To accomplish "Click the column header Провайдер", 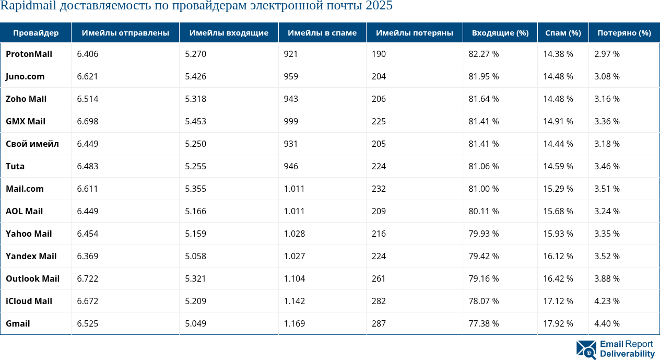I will coord(36,33).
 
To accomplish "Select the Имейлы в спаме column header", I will coord(322,33).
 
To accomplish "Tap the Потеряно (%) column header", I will coord(624,33).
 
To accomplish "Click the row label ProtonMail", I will coord(29,54).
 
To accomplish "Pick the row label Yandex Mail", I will coord(31,256).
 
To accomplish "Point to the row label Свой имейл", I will coord(32,144).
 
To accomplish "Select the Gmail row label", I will coord(18,323).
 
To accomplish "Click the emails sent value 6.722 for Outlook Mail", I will coord(87,278).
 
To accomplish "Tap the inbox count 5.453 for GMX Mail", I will coord(195,121).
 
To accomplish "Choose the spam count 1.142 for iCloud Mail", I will coord(294,301).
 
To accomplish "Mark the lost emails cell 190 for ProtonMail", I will coord(379,54).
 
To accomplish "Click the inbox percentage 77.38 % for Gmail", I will coord(484,323).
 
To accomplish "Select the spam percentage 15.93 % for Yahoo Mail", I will coord(558,234).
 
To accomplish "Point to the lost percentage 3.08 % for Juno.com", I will coord(607,76).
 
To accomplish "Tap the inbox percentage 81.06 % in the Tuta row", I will coord(484,166).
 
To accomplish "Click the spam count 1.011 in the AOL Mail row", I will coord(294,211).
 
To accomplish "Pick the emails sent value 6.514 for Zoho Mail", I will coord(87,99).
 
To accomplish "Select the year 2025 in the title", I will coord(379,6).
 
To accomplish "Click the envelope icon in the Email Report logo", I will coord(586,350).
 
